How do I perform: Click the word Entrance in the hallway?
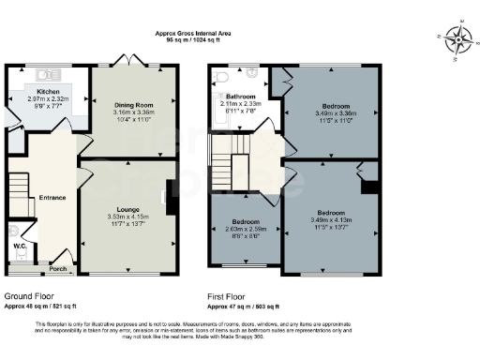point(52,198)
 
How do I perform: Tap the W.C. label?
point(20,247)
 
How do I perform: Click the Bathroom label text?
point(242,96)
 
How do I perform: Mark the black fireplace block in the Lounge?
point(169,196)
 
